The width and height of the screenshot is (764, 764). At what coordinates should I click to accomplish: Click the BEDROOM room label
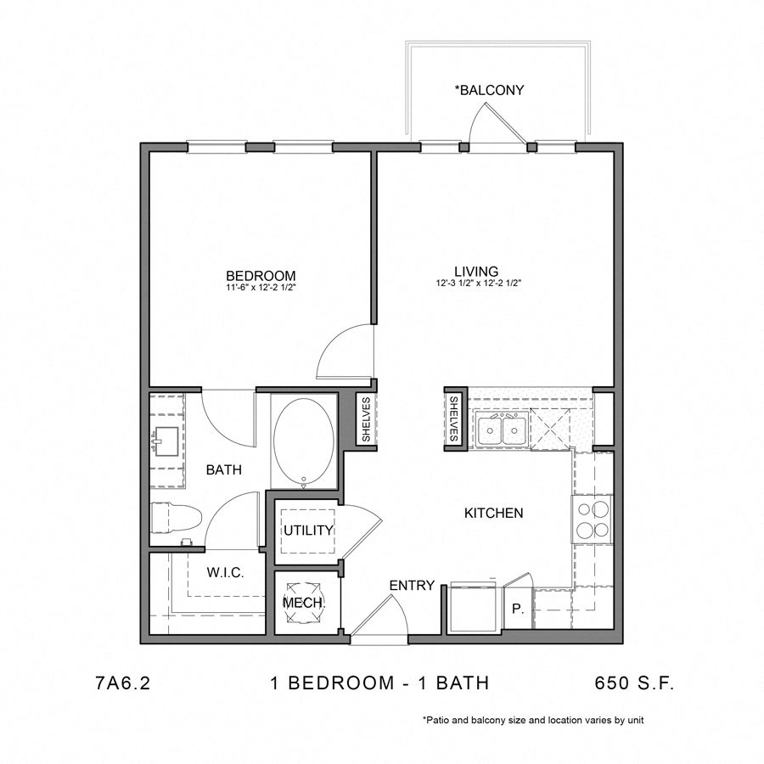261,275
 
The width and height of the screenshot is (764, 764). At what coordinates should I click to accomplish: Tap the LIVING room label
475,272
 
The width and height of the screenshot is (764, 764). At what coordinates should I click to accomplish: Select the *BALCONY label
489,89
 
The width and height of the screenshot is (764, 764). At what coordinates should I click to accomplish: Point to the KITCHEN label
493,513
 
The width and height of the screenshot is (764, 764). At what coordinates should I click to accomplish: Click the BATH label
224,469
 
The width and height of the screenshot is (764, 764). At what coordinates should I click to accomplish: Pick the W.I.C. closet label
225,573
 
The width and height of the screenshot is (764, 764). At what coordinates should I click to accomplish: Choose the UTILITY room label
308,531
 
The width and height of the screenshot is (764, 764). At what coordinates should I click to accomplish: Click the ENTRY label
412,585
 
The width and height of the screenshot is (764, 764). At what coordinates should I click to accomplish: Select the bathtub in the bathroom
304,441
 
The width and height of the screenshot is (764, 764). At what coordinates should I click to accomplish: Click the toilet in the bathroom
176,519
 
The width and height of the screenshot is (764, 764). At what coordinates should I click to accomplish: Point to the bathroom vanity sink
167,441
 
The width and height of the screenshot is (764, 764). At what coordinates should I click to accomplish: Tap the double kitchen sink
501,431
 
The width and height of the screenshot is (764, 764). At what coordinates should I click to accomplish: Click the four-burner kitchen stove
592,520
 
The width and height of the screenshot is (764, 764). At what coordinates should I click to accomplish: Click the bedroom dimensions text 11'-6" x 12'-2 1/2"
261,288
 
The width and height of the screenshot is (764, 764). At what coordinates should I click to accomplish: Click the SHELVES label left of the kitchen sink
454,419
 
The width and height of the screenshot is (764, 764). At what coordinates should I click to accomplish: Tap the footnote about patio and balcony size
533,720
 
